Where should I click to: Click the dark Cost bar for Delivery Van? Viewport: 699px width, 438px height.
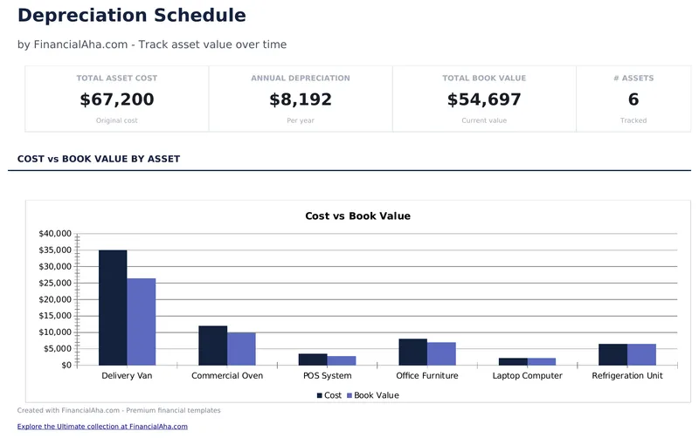pyautogui.click(x=113, y=307)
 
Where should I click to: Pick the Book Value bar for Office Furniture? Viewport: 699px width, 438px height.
pyautogui.click(x=441, y=353)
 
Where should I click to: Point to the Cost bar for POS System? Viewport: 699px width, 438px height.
pyautogui.click(x=313, y=359)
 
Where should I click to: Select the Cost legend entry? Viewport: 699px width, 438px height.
pyautogui.click(x=329, y=395)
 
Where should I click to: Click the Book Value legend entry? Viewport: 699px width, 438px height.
pyautogui.click(x=372, y=395)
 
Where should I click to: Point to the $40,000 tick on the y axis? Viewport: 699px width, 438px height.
pyautogui.click(x=55, y=234)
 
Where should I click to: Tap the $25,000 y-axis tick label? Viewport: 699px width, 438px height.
pyautogui.click(x=55, y=283)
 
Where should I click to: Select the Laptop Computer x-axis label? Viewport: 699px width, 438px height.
pyautogui.click(x=528, y=376)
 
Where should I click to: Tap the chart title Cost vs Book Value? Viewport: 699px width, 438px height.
pyautogui.click(x=357, y=216)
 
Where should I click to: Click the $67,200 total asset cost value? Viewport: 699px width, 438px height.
pyautogui.click(x=117, y=99)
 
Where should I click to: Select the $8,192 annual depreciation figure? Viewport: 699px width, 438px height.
pyautogui.click(x=301, y=99)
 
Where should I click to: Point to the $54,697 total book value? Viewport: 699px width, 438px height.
pyautogui.click(x=484, y=99)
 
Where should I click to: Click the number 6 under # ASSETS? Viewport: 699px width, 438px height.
pyautogui.click(x=633, y=99)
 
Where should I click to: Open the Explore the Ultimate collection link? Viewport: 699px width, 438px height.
pyautogui.click(x=102, y=427)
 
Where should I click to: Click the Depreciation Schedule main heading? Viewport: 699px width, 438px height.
pyautogui.click(x=131, y=16)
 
